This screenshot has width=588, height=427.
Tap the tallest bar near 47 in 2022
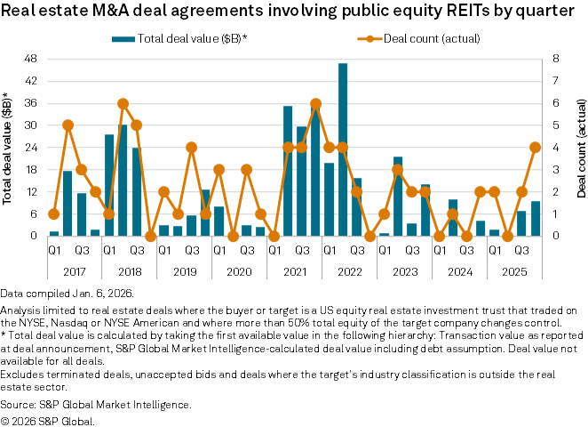pos(343,149)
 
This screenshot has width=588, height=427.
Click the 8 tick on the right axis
pos(555,59)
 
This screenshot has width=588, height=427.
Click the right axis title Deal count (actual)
pos(580,148)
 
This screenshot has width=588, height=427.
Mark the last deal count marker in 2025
pos(536,148)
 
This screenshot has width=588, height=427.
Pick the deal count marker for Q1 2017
pos(54,213)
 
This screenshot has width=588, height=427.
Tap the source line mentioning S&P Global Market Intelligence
pos(108,405)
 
